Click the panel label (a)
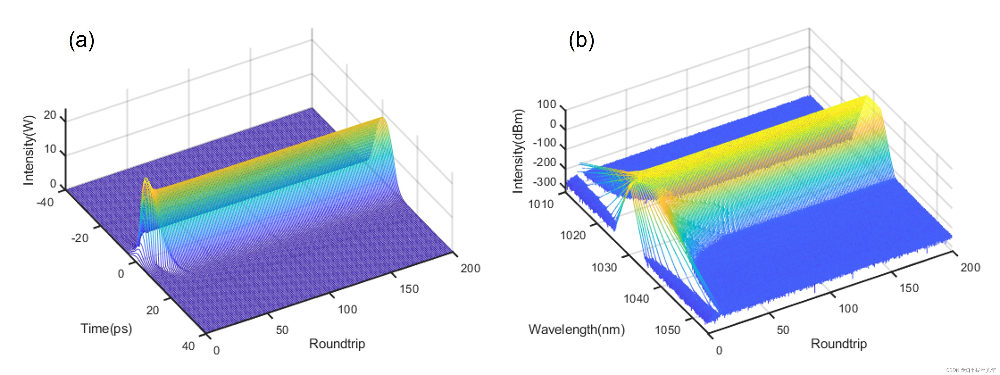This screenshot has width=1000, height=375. tap(82, 41)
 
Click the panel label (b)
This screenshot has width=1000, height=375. tap(581, 41)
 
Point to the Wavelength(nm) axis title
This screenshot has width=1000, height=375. tap(576, 330)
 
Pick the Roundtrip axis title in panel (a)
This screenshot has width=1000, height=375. tap(337, 344)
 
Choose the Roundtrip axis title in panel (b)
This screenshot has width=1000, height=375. tap(838, 344)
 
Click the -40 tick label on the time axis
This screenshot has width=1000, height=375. tap(45, 202)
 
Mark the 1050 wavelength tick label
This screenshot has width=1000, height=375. tap(667, 330)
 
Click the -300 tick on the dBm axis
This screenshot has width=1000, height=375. tap(545, 182)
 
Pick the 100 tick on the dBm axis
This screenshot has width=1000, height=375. tap(546, 104)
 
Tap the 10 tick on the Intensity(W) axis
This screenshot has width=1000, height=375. tap(50, 149)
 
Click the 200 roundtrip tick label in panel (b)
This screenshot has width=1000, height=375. tap(970, 267)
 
